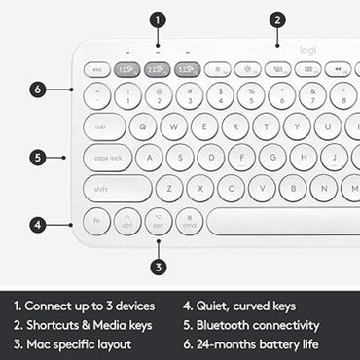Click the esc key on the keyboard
pyautogui.click(x=97, y=69)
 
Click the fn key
pyautogui.click(x=96, y=220)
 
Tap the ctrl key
pyautogui.click(x=127, y=220)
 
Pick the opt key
pyautogui.click(x=159, y=220)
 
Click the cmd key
pyautogui.click(x=190, y=220)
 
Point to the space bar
pyautogui.click(x=282, y=220)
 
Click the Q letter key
pyautogui.click(x=144, y=126)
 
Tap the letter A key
pyautogui.click(x=149, y=158)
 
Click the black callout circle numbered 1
pyautogui.click(x=159, y=18)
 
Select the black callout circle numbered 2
pyautogui.click(x=277, y=18)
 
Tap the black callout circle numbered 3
pyautogui.click(x=159, y=266)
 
